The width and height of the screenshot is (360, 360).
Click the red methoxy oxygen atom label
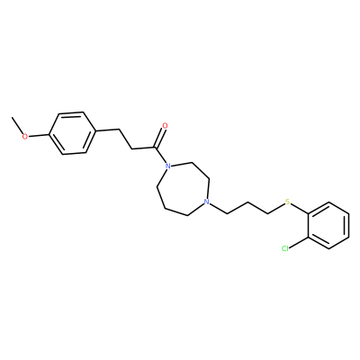[25, 137]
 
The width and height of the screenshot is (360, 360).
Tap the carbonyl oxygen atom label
[165, 126]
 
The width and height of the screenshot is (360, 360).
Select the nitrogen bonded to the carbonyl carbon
[168, 166]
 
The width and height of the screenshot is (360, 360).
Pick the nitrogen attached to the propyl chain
[206, 202]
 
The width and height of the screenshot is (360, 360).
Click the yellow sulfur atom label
[288, 202]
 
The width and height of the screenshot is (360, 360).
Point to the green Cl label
[285, 248]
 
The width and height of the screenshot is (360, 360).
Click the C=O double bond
[159, 137]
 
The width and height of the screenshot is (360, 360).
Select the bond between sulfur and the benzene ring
[300, 208]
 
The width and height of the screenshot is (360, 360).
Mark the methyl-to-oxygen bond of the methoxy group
[17, 125]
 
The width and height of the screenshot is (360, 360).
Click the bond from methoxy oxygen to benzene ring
[39, 135]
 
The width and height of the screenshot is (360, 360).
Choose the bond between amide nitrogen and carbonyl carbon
[160, 155]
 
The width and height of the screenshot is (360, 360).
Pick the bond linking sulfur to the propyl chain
[276, 209]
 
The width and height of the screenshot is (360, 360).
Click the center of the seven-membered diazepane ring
[182, 188]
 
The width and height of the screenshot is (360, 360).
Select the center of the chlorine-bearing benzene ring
[328, 226]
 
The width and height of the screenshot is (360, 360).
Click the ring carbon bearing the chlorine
[309, 238]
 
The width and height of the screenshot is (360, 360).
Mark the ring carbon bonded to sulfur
[309, 214]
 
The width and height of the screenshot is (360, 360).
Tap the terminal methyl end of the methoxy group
[12, 117]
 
